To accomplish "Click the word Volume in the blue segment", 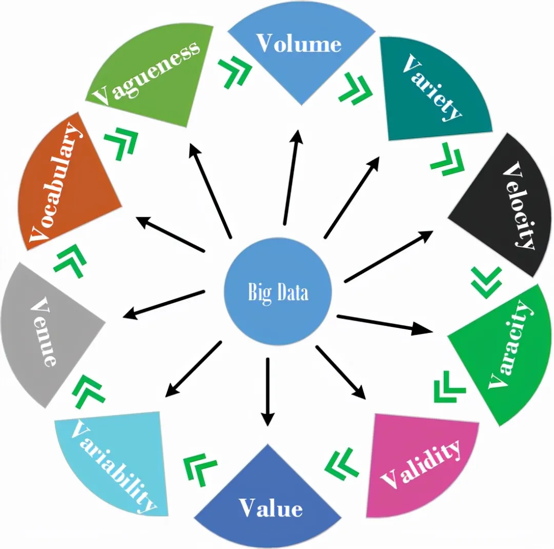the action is click(299, 44).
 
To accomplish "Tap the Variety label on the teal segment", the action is click(432, 88).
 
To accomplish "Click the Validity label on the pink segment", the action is click(421, 464).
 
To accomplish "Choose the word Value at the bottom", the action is click(271, 508).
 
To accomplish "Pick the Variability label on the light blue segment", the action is click(113, 466).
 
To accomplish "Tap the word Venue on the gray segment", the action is click(44, 331).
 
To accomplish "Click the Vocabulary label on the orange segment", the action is click(55, 183).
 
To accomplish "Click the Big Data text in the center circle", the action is click(278, 292).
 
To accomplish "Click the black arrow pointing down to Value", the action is click(268, 393).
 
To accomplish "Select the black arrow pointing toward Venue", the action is click(163, 305).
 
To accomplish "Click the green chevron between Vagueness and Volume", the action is click(235, 72).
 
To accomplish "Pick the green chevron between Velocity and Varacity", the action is click(486, 283).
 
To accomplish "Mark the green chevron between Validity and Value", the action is click(341, 464).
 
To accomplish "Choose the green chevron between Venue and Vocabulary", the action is click(70, 261).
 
